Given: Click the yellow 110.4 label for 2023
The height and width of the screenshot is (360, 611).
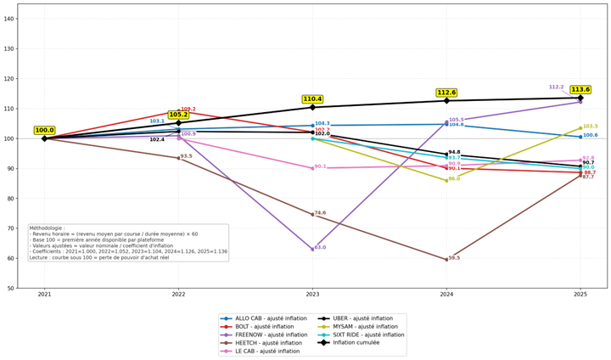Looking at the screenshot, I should [x=312, y=99].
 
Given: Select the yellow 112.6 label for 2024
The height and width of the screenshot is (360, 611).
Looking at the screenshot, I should [x=446, y=93].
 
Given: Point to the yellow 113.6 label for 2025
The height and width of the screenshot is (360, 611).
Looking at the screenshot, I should [x=580, y=89].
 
